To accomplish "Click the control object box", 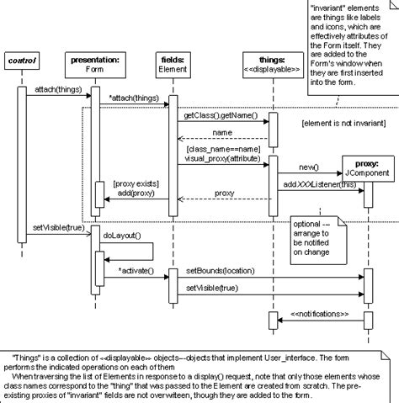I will click(22, 63).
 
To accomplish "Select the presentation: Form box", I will click(94, 64).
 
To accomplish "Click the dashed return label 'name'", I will click(222, 133).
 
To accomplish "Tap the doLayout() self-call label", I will click(123, 238).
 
